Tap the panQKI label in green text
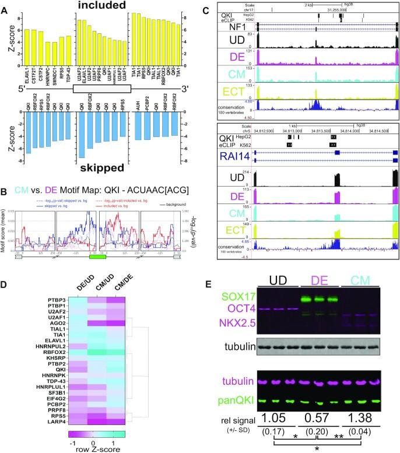click(231, 401)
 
